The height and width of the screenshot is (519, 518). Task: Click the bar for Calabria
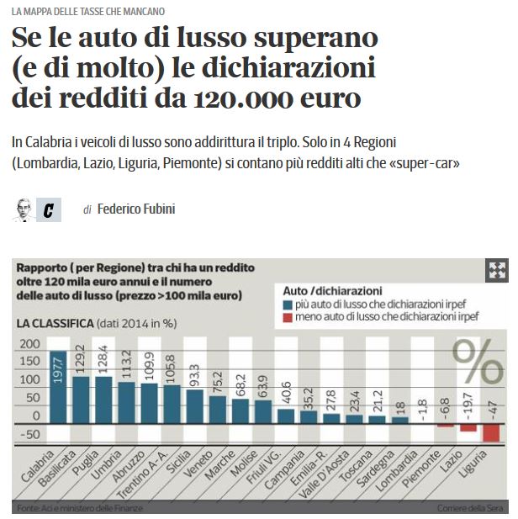click(x=59, y=386)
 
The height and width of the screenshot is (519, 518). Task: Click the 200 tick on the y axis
click(x=29, y=344)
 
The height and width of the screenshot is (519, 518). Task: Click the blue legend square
click(x=288, y=305)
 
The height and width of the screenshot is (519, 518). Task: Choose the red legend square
click(x=288, y=317)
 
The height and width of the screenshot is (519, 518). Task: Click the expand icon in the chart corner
click(x=496, y=270)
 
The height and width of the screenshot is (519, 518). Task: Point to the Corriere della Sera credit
click(x=469, y=508)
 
